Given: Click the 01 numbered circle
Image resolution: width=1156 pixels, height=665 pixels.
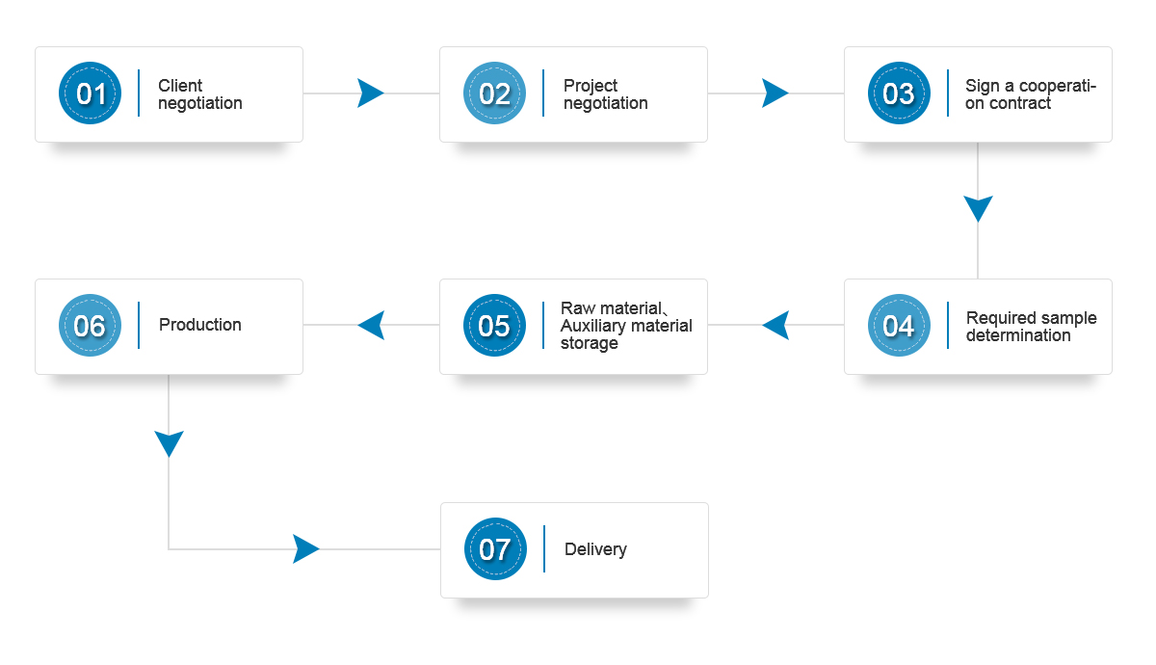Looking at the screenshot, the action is (90, 93).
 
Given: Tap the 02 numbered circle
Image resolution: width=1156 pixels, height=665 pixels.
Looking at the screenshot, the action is (494, 93).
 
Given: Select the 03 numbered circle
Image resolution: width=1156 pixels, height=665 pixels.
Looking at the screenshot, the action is (899, 93).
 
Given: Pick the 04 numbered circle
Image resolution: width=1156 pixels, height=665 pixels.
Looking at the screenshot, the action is (899, 326).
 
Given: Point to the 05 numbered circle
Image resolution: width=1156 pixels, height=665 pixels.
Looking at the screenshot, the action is (494, 326).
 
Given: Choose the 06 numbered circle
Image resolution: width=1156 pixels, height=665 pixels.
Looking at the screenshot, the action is (90, 326).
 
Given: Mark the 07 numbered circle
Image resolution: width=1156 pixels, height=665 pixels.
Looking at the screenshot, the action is (495, 548).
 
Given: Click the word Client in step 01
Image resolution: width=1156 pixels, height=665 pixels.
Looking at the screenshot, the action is (180, 85).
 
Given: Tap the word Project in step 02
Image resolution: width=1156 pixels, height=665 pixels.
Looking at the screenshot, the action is (591, 86).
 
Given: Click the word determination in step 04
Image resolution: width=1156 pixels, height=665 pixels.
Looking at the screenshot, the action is (1018, 335).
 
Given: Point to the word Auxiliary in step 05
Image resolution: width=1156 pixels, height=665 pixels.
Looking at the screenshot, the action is (593, 327).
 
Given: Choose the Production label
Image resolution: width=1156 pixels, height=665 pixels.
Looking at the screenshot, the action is (200, 325).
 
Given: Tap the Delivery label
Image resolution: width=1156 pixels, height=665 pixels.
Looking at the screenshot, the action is (595, 550).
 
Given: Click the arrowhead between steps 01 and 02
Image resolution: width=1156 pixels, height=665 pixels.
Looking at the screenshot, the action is (369, 93).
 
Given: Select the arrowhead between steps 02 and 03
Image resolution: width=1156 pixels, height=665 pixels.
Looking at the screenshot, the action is (774, 93).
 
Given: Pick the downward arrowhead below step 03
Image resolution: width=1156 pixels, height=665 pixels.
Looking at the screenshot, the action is (978, 207).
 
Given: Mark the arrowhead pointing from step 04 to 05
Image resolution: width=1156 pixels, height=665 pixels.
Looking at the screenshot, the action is (777, 326).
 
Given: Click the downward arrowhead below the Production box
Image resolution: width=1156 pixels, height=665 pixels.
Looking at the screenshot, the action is (169, 443).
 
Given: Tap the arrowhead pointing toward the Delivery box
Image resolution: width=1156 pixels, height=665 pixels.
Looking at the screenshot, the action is (304, 548).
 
